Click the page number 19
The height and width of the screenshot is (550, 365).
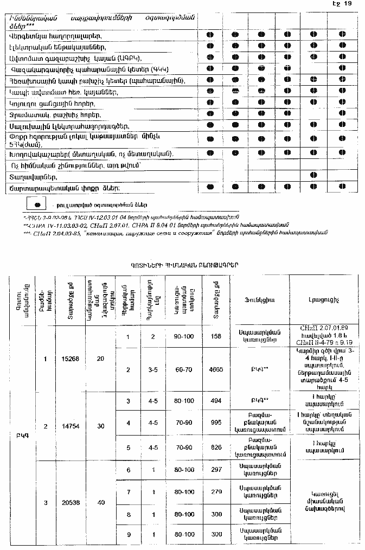tap(349, 4)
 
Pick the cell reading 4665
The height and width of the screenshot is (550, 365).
tap(215, 370)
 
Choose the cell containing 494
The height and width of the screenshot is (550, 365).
tap(215, 401)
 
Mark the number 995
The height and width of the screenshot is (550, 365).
tap(215, 423)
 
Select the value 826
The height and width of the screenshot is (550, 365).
tap(215, 447)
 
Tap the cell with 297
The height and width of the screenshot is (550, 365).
tap(215, 470)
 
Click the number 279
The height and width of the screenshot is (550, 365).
tap(215, 492)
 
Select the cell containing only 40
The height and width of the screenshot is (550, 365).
tap(100, 503)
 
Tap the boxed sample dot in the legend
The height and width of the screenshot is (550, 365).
tap(37, 204)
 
